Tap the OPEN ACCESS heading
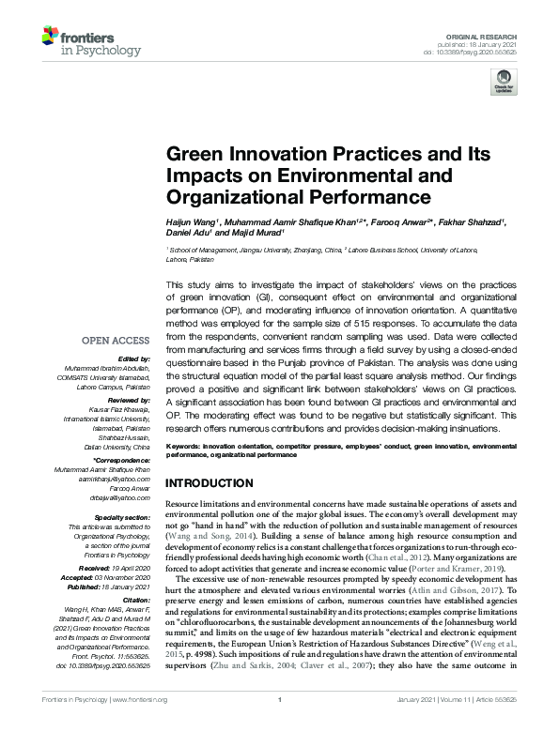click(116, 341)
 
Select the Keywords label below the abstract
click(184, 446)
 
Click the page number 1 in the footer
click(279, 725)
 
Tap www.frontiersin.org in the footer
click(140, 725)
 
